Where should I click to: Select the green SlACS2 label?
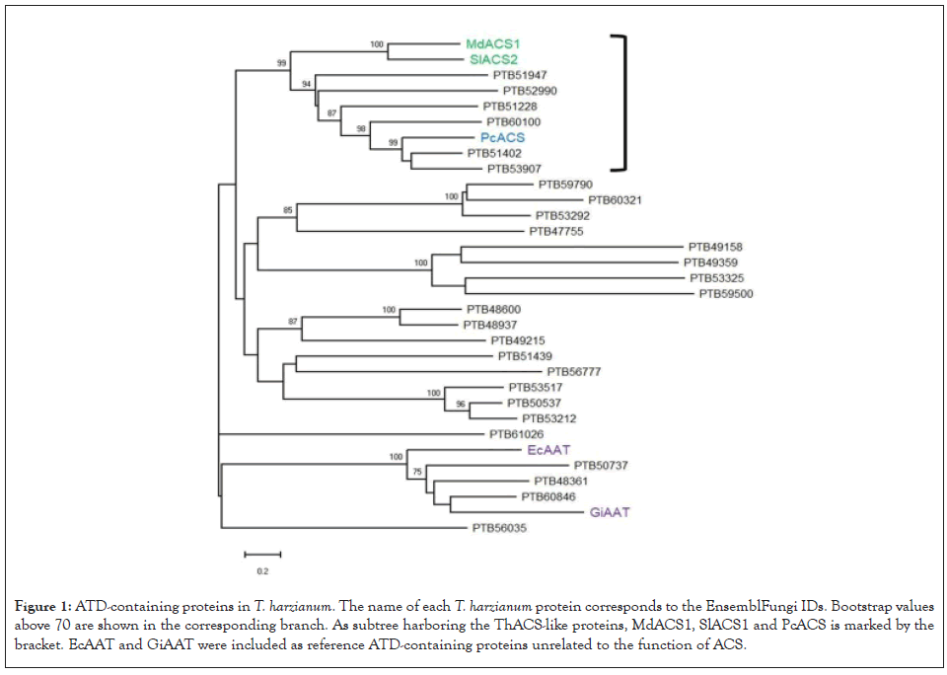point(491,59)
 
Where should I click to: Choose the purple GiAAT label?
point(610,512)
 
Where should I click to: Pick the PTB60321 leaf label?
point(615,200)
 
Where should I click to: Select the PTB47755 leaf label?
point(556,231)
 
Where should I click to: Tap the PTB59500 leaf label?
point(726,293)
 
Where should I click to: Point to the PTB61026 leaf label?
point(516,434)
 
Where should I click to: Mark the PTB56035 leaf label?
point(499,528)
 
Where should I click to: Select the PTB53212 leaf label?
point(548,418)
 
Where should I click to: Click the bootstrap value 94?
point(307,85)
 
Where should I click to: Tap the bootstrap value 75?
point(416,472)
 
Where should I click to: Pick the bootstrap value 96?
point(460,404)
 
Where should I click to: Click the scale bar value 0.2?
point(262,571)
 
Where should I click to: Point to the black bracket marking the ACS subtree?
point(623,102)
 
